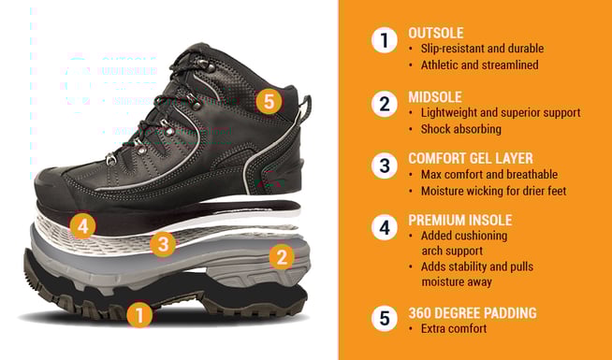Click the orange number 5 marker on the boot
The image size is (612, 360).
point(269,101)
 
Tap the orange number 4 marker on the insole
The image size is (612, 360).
point(82,225)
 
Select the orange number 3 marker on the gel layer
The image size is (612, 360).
point(163,244)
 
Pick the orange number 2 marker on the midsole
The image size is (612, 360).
point(282,256)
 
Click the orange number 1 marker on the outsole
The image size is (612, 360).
point(139,314)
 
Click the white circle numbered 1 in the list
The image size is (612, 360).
point(385,40)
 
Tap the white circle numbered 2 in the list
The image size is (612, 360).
point(385,104)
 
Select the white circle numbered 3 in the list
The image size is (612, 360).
point(385,166)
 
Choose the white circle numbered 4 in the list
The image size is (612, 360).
point(385,227)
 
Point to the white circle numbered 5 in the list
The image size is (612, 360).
point(385,318)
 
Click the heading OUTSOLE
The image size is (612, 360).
point(436,33)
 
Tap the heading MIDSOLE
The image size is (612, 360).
point(435,97)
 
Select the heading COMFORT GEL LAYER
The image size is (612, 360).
point(471,158)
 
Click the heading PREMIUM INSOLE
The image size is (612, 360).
point(460,220)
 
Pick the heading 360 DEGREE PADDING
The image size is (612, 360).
point(473,313)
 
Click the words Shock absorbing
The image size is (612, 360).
point(461,129)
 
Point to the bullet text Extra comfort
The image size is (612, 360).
point(454,329)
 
